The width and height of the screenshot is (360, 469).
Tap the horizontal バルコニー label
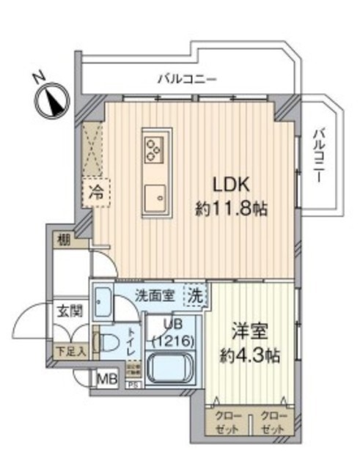pyautogui.click(x=186, y=78)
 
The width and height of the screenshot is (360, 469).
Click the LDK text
pyautogui.click(x=229, y=185)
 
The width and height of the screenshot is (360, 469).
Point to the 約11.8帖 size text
pyautogui.click(x=229, y=208)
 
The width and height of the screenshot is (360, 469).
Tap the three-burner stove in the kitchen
pyautogui.click(x=154, y=149)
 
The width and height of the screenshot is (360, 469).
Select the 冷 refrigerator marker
pyautogui.click(x=96, y=193)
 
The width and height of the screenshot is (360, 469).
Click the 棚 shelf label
pyautogui.click(x=64, y=240)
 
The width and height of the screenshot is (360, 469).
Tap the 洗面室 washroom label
pyautogui.click(x=153, y=295)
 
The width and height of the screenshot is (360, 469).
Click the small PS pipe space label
pyautogui.click(x=133, y=383)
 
